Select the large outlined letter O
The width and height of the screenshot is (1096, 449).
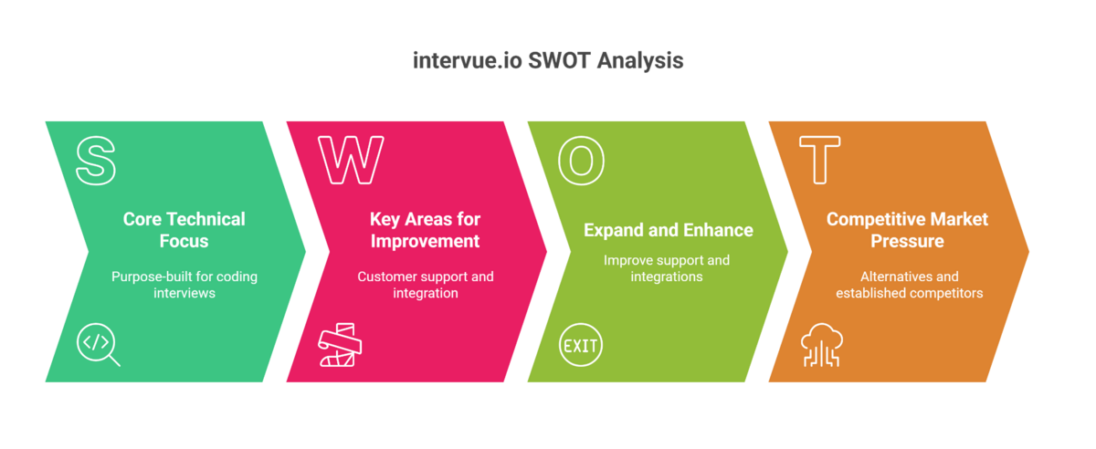coord(581,161)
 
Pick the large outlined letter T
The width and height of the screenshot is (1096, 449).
coord(819,161)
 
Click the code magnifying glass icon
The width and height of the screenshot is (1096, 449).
coord(98,345)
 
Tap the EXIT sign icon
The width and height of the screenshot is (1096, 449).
coord(581,346)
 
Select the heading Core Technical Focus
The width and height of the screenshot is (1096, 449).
coord(184,230)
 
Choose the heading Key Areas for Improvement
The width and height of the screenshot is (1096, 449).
coord(425,230)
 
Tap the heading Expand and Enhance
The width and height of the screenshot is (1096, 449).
coord(669,230)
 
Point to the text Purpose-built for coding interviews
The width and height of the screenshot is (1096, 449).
coord(184,285)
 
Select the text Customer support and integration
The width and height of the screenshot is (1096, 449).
coord(425,285)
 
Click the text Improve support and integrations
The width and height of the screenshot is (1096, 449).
coord(667,268)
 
